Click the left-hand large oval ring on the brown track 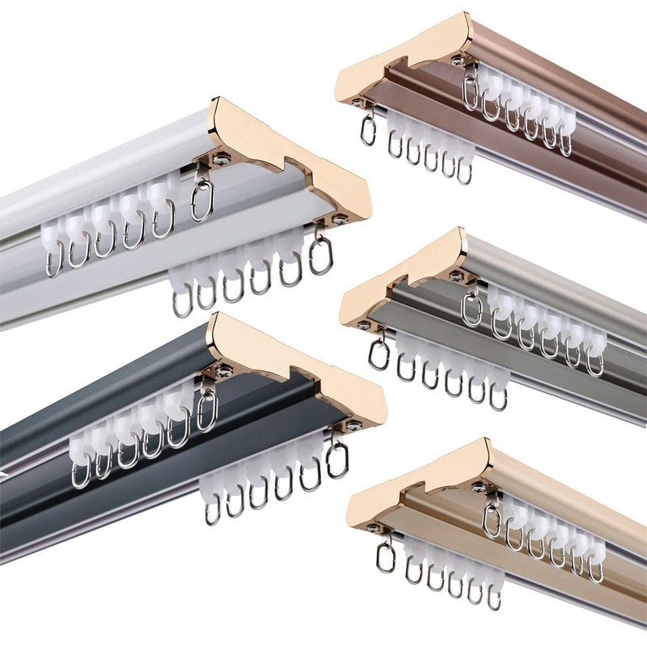368,129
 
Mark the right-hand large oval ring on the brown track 471,92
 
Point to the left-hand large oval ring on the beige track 386,557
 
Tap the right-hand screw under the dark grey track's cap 353,426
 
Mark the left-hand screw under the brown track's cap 356,102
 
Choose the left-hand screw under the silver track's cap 365,325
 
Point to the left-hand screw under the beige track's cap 373,530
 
